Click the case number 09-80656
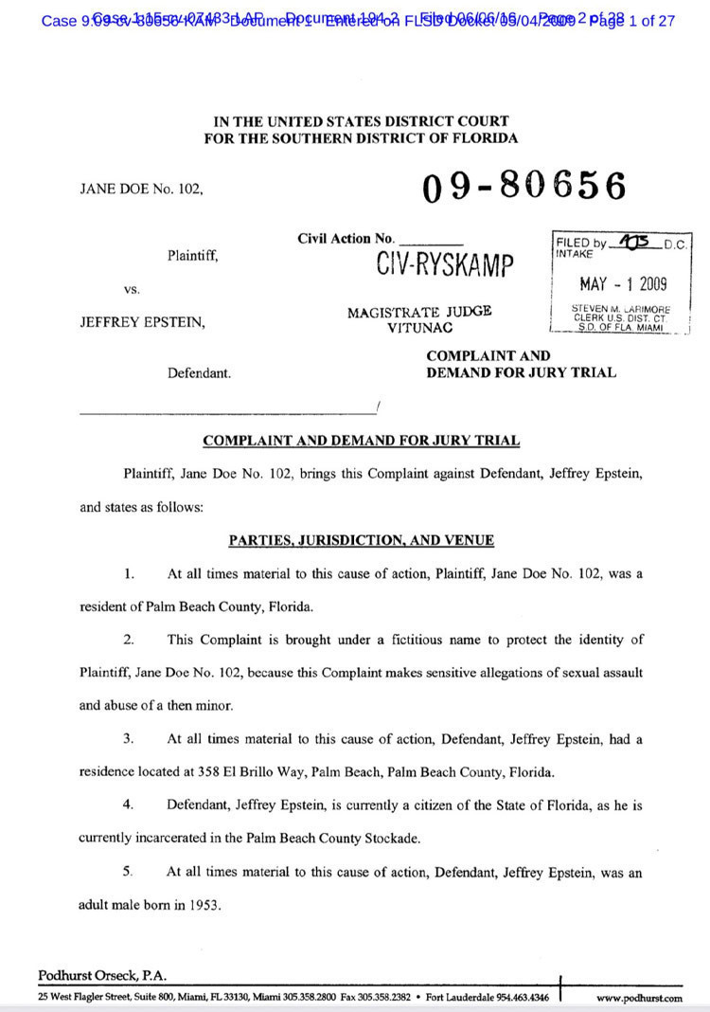click(524, 186)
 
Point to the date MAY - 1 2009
click(622, 283)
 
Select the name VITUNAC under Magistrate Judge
click(418, 327)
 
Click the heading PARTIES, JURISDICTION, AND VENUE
click(361, 540)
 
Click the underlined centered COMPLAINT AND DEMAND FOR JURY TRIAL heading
click(361, 440)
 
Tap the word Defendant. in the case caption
click(199, 373)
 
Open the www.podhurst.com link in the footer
click(639, 998)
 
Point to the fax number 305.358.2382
click(385, 998)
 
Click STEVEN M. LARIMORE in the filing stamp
click(619, 308)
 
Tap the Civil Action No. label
click(346, 239)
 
